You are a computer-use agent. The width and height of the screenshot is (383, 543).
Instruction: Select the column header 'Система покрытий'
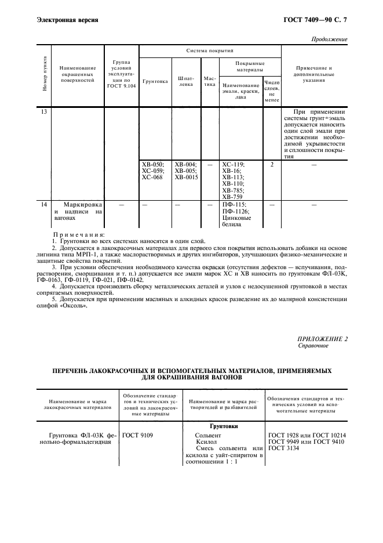209,51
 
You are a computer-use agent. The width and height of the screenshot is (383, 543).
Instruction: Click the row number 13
44,111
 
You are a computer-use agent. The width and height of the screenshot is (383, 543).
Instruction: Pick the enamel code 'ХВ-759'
234,196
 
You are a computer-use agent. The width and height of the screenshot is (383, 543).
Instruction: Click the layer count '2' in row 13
271,164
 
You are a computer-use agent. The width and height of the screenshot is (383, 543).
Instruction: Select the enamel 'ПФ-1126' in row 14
235,211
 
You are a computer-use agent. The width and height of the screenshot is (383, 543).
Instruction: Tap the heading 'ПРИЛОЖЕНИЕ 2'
323,338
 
